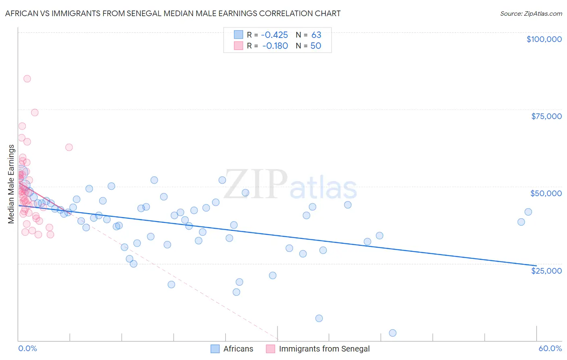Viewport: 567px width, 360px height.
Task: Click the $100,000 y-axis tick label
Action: click(544, 39)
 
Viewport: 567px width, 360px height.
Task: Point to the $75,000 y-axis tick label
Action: click(546, 116)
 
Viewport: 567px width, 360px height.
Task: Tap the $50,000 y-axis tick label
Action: click(546, 193)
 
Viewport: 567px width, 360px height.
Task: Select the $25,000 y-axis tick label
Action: click(546, 270)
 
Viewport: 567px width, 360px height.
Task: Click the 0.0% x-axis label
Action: click(27, 348)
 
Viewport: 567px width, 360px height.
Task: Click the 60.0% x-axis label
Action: click(550, 348)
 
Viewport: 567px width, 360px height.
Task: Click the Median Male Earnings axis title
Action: click(11, 184)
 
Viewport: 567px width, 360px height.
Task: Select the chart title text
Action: click(173, 13)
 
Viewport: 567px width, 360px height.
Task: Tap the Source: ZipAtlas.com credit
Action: click(531, 13)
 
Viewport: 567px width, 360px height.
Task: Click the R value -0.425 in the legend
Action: click(275, 35)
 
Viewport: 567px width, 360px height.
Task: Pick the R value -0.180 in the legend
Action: click(275, 46)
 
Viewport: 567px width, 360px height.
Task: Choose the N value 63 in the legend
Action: click(316, 35)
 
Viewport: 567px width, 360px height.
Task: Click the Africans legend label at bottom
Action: click(238, 349)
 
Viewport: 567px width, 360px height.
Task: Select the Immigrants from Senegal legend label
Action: click(324, 349)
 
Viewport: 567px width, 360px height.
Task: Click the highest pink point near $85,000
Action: click(27, 79)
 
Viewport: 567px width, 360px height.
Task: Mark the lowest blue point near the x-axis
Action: click(392, 333)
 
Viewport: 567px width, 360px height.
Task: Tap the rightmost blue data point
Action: click(528, 212)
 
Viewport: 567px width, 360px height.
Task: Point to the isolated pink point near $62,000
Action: click(69, 147)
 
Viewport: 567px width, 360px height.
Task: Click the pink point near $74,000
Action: click(35, 113)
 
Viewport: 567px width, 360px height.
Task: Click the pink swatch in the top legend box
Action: click(238, 46)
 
